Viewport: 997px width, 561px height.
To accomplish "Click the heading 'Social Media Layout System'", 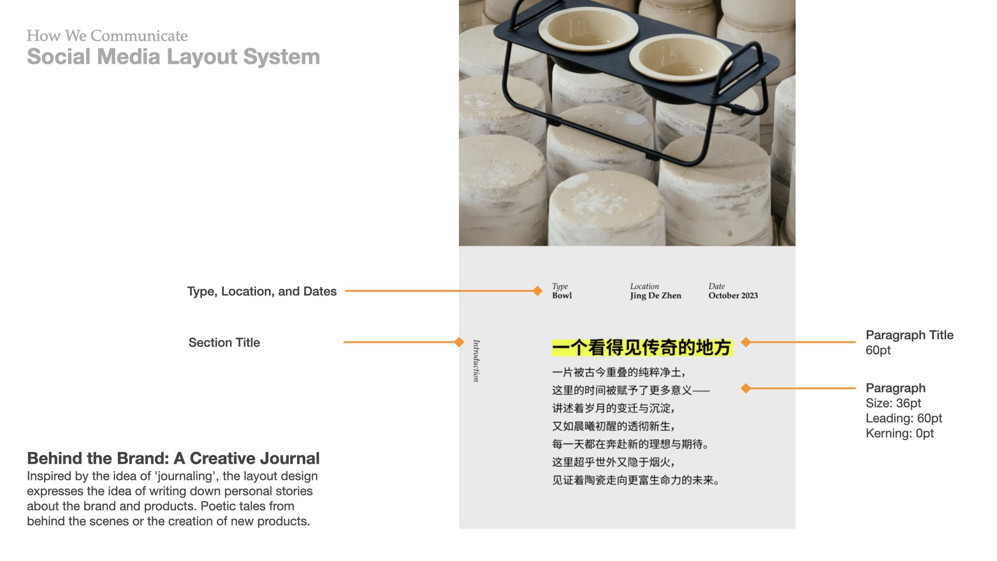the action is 173,57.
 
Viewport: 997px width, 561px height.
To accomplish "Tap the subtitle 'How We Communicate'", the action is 107,35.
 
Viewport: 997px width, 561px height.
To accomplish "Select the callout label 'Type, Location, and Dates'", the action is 262,291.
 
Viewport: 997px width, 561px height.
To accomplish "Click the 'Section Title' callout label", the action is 224,342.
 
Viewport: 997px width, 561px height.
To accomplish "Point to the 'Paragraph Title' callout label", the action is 910,335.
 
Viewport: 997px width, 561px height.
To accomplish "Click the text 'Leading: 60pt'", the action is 904,418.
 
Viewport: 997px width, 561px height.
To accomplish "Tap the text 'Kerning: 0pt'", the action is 900,433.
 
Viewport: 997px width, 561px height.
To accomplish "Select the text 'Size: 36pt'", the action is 894,403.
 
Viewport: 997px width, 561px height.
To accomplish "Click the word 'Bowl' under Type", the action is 562,296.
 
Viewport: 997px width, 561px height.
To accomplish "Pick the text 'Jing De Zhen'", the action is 656,296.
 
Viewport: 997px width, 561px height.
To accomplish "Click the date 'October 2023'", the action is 733,296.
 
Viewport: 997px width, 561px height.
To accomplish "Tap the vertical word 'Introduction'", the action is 476,361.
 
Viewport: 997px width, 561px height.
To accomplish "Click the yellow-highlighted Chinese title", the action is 642,348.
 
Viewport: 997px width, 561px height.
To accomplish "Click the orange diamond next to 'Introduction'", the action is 459,342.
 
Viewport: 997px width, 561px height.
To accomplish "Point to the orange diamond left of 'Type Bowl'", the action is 537,291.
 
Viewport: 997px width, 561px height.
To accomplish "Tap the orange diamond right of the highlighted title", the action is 746,342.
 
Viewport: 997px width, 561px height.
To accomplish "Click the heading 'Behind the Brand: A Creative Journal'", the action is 173,459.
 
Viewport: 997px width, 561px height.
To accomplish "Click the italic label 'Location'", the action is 644,286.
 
